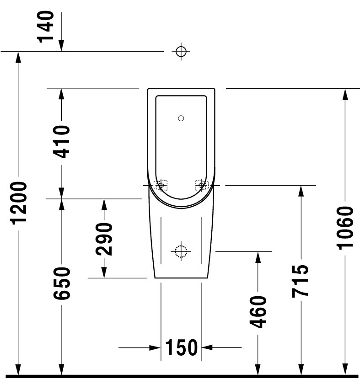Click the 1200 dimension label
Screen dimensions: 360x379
[19, 203]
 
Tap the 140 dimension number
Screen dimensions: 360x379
[45, 27]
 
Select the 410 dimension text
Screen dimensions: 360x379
[61, 142]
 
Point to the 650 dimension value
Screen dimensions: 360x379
[62, 283]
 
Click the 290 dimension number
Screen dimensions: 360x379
[104, 239]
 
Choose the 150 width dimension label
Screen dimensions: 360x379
[181, 347]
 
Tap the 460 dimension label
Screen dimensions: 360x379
[258, 312]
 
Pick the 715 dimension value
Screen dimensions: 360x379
[301, 281]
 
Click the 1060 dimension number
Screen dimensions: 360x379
[345, 228]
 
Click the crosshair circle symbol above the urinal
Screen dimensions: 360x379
[181, 52]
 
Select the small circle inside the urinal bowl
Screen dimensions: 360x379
[181, 118]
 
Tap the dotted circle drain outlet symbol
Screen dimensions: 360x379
[181, 251]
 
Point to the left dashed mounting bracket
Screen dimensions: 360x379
[161, 185]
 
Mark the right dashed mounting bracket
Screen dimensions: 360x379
[202, 185]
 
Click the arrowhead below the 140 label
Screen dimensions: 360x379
[61, 45]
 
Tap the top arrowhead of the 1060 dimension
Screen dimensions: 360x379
[345, 94]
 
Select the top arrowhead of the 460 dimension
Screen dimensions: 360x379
[258, 257]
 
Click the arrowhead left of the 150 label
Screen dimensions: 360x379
[155, 348]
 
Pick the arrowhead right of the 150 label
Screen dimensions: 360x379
[207, 347]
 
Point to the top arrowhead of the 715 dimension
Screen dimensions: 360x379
[301, 191]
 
